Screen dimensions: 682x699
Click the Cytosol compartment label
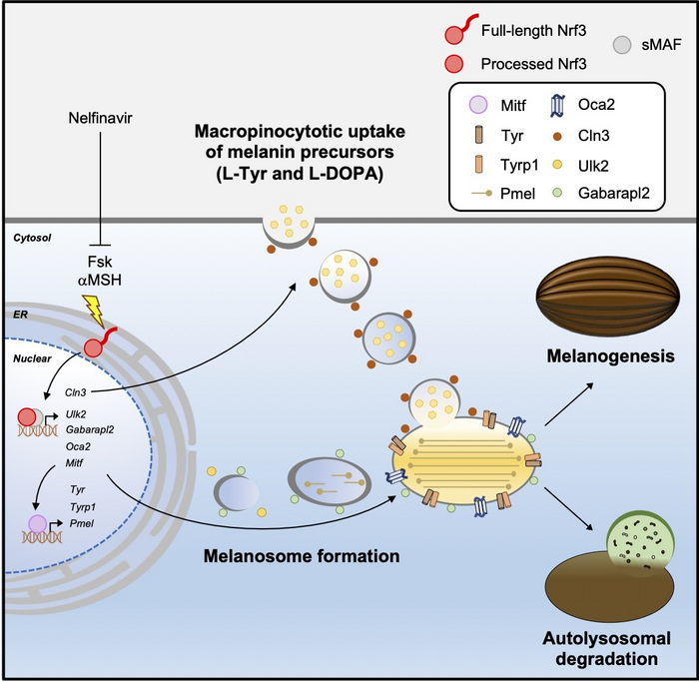click(x=30, y=240)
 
